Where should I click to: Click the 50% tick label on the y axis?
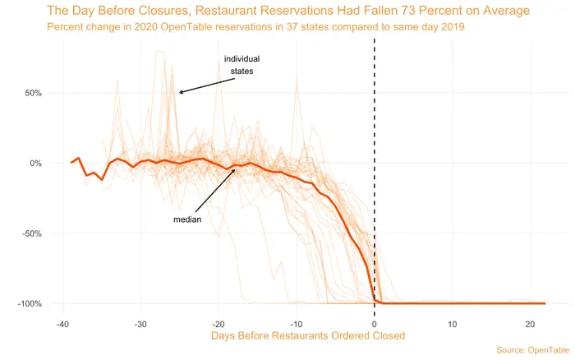(x=33, y=93)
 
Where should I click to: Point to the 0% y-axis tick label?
(x=35, y=163)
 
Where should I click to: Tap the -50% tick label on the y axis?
(x=31, y=233)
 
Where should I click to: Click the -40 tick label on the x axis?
(x=62, y=322)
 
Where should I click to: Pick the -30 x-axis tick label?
(x=140, y=322)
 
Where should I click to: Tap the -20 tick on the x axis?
(x=218, y=322)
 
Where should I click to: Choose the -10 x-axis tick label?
(x=297, y=322)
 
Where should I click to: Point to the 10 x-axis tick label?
(x=453, y=322)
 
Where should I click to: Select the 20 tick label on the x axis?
(x=531, y=322)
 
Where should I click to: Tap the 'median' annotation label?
(x=187, y=219)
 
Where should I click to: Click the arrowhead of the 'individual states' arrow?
(x=180, y=92)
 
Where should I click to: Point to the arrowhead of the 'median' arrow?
(x=236, y=169)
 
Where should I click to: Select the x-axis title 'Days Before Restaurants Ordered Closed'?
(x=308, y=335)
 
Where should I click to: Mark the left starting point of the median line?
(x=71, y=163)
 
